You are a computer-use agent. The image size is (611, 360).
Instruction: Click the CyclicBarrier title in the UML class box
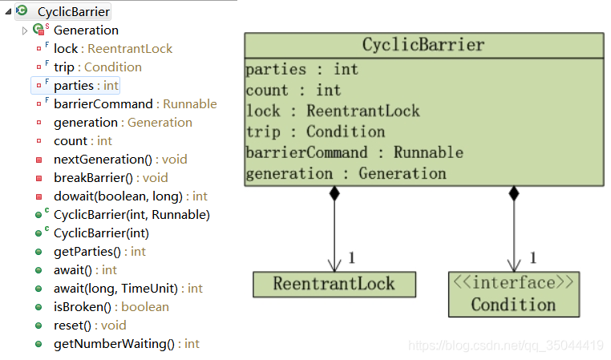click(x=423, y=45)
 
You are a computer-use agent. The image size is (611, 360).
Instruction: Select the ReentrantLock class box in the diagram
click(x=334, y=284)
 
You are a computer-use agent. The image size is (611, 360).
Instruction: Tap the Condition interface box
click(x=513, y=293)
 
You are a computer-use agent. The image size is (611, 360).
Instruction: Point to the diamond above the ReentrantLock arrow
click(x=334, y=192)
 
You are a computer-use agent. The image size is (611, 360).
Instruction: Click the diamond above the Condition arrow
click(x=513, y=192)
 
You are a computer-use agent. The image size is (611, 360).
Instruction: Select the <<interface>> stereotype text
click(x=513, y=282)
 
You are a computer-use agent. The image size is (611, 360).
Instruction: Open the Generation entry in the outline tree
click(x=86, y=30)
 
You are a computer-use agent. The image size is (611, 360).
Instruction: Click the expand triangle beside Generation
click(x=25, y=30)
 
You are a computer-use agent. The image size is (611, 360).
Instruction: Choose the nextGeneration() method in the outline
click(x=103, y=160)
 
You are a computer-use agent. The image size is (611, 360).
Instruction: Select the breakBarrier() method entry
click(x=99, y=178)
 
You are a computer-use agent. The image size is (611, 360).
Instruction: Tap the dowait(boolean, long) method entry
click(x=119, y=196)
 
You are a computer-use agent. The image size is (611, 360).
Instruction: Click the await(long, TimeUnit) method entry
click(x=116, y=289)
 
